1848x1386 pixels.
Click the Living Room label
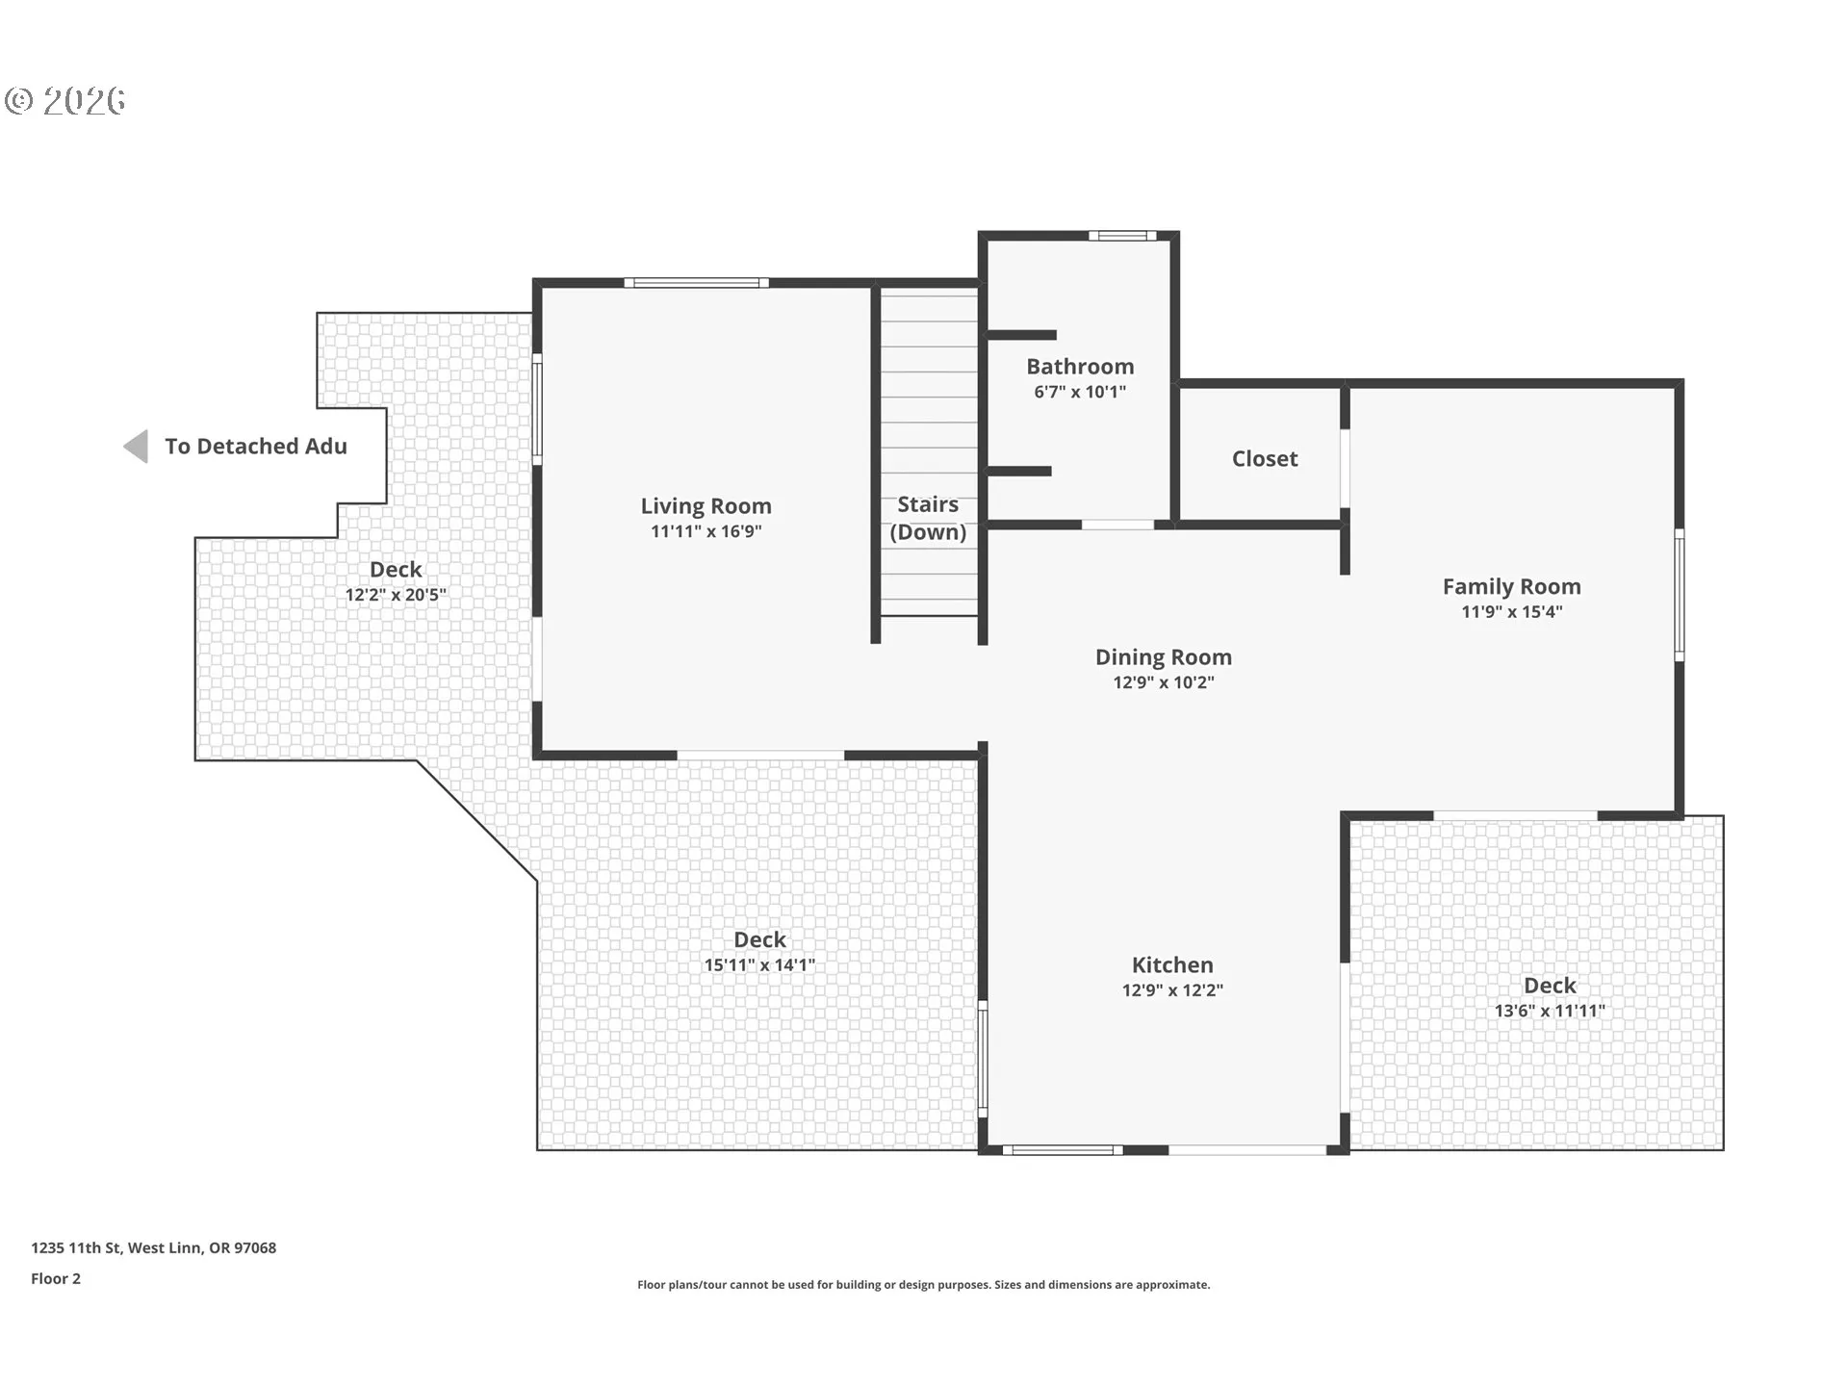[706, 506]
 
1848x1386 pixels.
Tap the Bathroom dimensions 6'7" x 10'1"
[1080, 392]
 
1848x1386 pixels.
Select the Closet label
[1265, 459]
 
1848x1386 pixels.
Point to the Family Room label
[1511, 586]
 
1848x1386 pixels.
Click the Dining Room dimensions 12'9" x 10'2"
[1164, 682]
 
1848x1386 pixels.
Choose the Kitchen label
[1172, 964]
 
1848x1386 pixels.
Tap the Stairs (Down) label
[928, 518]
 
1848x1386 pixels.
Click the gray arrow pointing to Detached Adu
[136, 447]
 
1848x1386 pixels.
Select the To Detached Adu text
[256, 446]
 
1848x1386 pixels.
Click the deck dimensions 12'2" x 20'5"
[396, 595]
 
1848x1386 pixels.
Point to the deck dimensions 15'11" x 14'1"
[759, 964]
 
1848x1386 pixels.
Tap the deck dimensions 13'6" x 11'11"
[1550, 1011]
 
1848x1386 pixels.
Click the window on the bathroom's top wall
[1122, 236]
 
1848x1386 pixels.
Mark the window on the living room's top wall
[696, 283]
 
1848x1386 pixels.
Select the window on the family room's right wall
[1680, 594]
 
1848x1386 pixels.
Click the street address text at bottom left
[153, 1247]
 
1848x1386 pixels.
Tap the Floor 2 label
[56, 1278]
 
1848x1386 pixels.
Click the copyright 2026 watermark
[64, 100]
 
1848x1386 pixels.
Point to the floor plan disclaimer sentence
[923, 1285]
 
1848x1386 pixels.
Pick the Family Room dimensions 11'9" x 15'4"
[1511, 611]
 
